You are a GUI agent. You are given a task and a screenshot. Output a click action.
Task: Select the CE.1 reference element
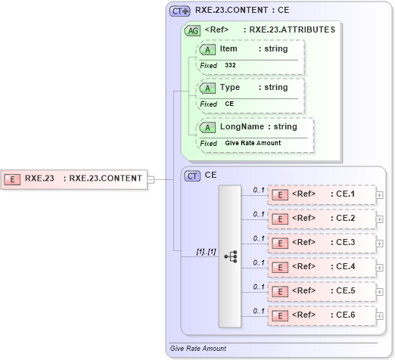tap(322, 194)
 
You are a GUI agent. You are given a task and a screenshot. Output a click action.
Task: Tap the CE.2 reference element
tap(322, 219)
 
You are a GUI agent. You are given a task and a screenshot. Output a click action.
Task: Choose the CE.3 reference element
tap(322, 243)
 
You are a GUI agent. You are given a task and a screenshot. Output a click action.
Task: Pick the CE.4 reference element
tap(322, 267)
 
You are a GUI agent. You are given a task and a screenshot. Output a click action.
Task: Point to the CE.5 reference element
tap(322, 290)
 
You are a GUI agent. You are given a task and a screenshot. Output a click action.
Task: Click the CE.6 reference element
tap(322, 315)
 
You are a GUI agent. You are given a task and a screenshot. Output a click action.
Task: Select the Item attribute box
tap(250, 49)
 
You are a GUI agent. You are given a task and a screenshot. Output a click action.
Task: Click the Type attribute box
tap(250, 88)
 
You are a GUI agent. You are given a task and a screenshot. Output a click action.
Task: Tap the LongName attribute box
tap(254, 126)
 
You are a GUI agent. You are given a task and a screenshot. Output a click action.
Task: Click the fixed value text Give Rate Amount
tap(253, 143)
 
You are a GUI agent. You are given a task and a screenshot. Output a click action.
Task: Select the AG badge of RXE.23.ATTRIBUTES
tap(192, 30)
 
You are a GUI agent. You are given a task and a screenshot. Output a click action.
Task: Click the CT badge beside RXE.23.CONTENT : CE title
tap(179, 11)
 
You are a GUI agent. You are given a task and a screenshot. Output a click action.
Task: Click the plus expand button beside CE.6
tap(380, 315)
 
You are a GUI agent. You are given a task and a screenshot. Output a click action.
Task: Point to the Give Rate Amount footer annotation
tap(198, 349)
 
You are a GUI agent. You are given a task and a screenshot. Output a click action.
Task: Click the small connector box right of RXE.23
tap(151, 179)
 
